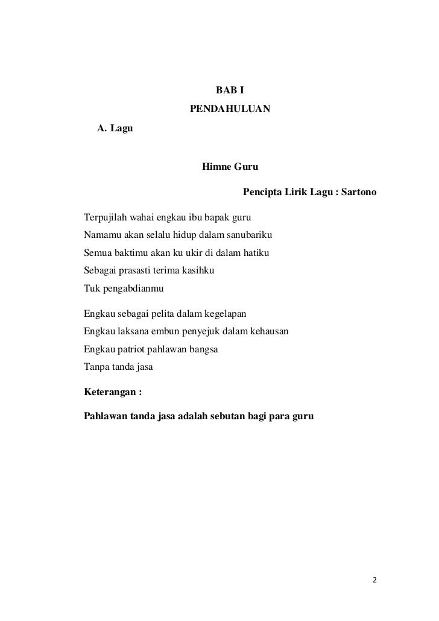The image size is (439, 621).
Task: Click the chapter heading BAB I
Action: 230,91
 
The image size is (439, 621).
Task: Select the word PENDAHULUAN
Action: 230,110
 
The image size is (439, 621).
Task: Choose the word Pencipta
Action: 261,193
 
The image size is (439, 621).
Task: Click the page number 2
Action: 374,581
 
